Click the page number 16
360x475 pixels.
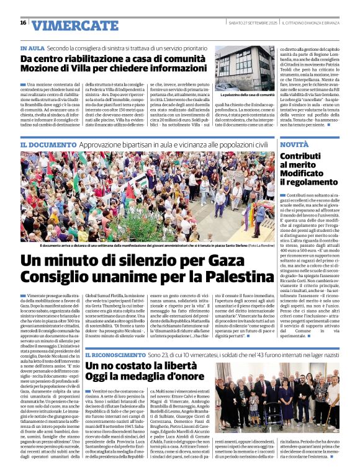coord(23,23)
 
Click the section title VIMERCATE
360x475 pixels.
coord(66,25)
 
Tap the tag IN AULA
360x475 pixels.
coord(32,47)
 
